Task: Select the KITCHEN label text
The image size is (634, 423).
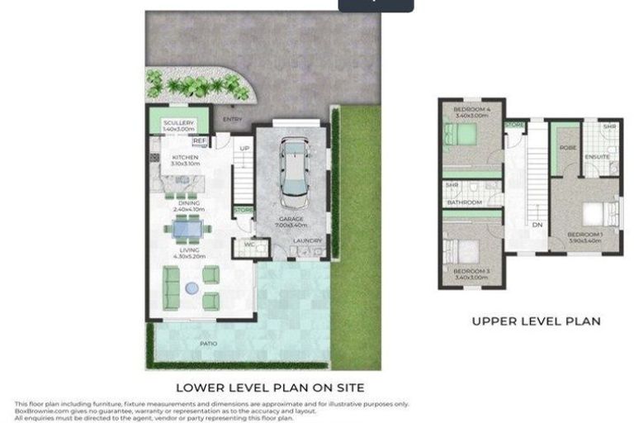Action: pos(185,157)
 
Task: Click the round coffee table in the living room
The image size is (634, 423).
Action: pos(192,288)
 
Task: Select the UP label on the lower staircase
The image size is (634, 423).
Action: pos(244,149)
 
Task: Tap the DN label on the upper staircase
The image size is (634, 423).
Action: pos(537,225)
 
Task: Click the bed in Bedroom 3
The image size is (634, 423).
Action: pos(457,250)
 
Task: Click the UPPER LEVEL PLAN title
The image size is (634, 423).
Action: pos(536,321)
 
